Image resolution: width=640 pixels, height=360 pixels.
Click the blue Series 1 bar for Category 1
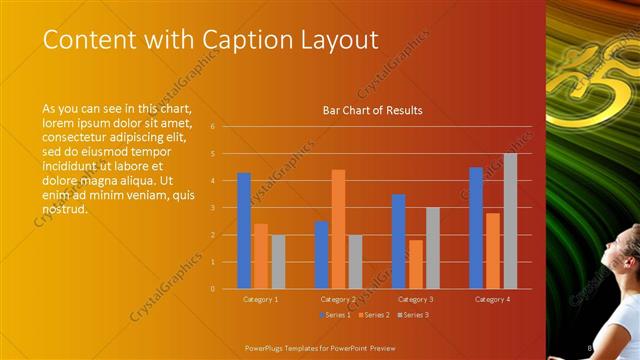244,231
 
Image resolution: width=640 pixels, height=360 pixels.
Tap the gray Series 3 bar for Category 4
510,221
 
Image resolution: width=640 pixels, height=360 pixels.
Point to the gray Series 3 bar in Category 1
278,262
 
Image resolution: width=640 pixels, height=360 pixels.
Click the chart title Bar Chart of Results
372,110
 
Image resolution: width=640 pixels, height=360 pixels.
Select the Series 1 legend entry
335,315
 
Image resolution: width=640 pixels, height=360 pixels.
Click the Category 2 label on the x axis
338,299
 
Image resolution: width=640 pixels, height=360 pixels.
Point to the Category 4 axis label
492,299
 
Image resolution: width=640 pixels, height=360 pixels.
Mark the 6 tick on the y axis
212,127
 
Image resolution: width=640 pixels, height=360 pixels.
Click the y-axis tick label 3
212,208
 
